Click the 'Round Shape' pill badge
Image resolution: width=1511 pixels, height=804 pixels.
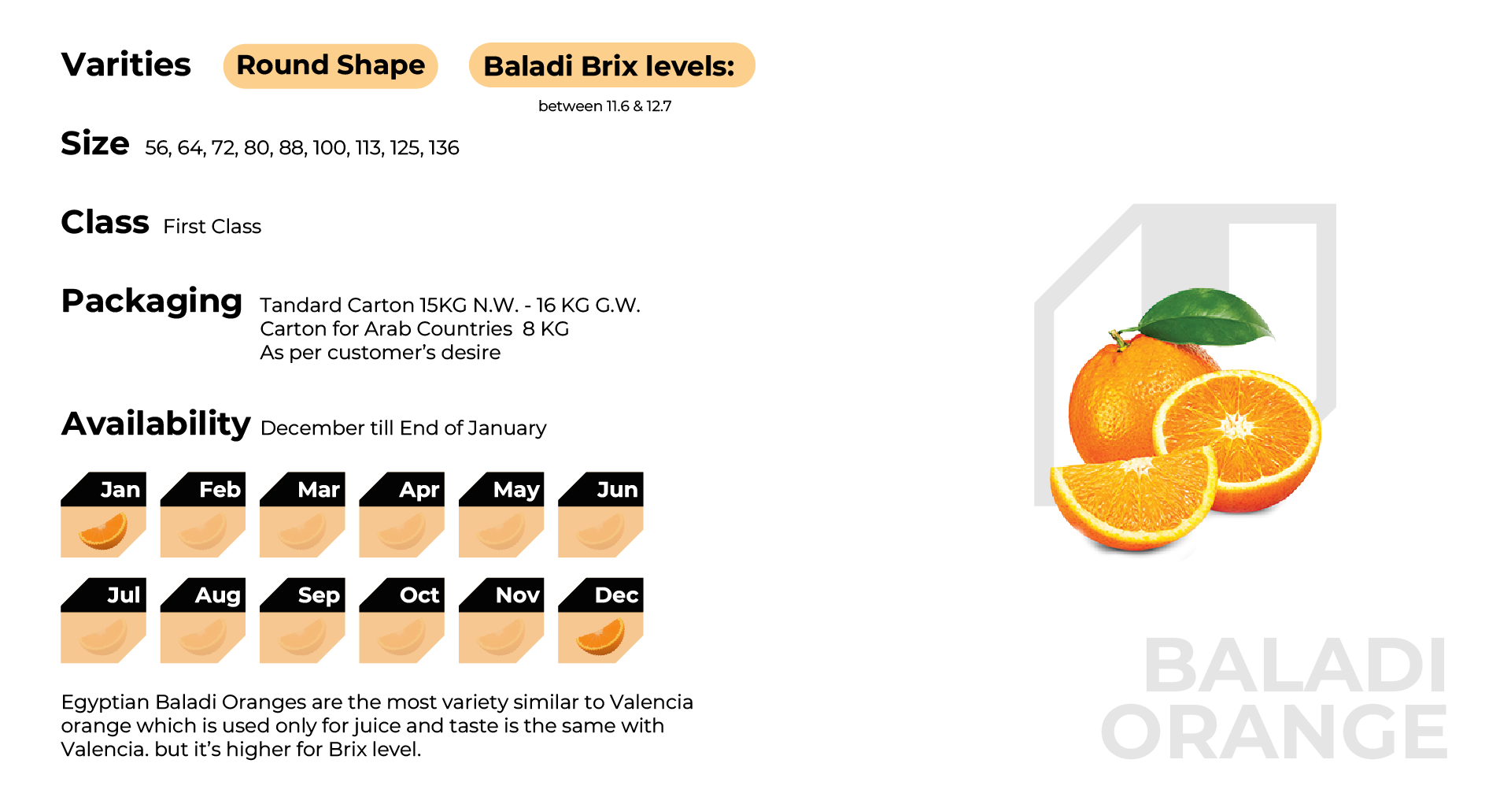pos(331,66)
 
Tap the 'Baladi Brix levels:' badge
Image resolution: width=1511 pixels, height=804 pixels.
pos(611,65)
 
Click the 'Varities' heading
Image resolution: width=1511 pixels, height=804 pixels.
pos(126,65)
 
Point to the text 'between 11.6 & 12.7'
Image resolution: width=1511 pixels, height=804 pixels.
pos(604,106)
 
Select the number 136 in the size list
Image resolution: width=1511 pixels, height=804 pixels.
pos(444,148)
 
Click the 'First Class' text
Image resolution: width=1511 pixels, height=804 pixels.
pos(212,227)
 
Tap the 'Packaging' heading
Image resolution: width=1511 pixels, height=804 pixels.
pos(152,302)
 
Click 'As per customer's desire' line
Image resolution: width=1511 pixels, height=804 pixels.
pos(380,353)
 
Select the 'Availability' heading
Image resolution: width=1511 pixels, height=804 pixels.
pos(156,424)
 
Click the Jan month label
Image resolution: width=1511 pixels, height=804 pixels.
pos(120,490)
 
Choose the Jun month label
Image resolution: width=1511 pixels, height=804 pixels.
pos(617,490)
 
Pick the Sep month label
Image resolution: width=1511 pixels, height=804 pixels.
pos(319,595)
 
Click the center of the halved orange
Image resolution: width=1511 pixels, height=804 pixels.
pos(1237,427)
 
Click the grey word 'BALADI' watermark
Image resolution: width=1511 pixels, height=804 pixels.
pos(1295,665)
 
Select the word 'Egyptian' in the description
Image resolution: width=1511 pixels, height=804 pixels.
pos(105,702)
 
